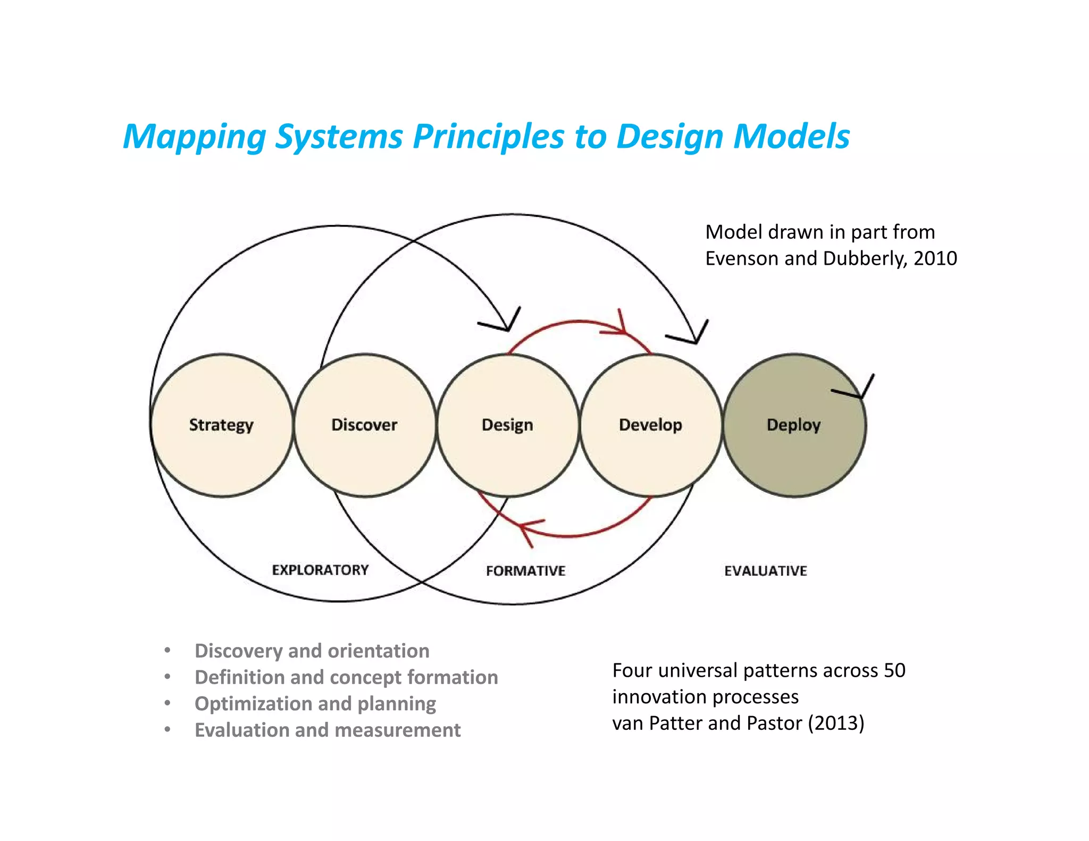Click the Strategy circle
tap(222, 425)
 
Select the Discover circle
tap(365, 425)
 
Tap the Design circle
tap(508, 425)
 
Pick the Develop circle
tap(651, 425)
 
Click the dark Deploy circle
tap(794, 425)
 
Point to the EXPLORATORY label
tap(320, 570)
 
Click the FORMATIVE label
tap(525, 571)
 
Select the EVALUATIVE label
tap(766, 571)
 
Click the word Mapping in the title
tap(195, 137)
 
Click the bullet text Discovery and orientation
tap(312, 651)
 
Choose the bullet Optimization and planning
tap(315, 703)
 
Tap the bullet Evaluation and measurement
tap(328, 730)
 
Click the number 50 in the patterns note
tap(894, 670)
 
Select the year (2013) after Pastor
tap(836, 723)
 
